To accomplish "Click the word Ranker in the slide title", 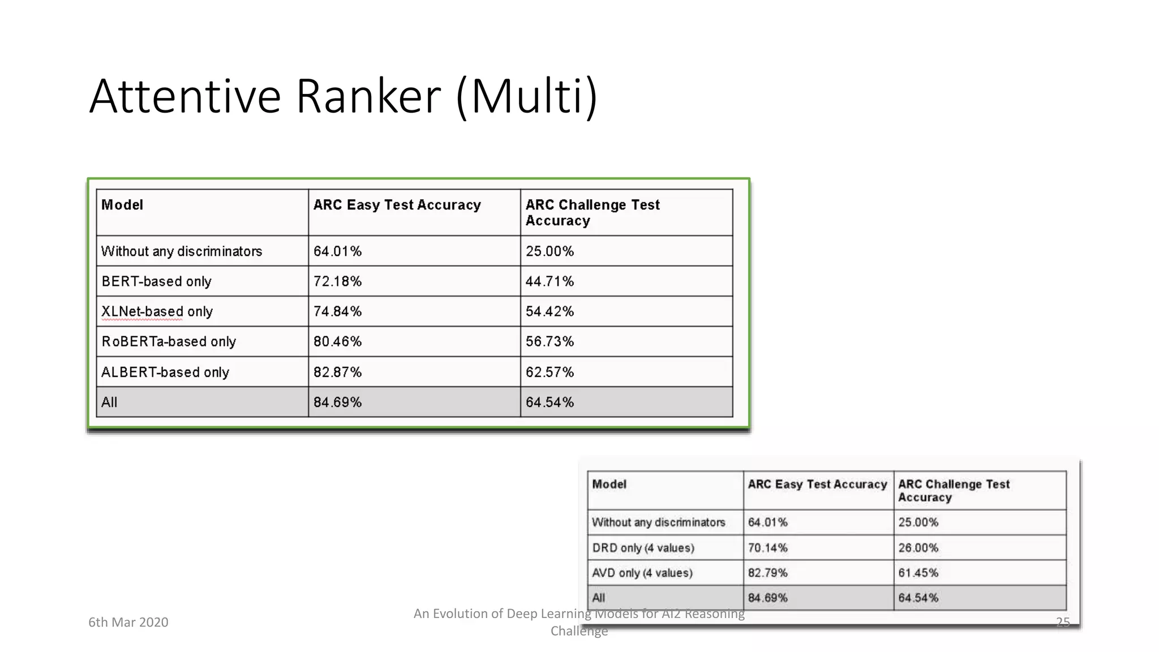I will click(x=368, y=96).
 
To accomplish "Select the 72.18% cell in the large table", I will click(x=337, y=281).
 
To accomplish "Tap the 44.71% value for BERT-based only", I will click(x=550, y=281).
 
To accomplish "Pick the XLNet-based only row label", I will click(x=157, y=311).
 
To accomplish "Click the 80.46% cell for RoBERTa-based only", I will click(x=337, y=341).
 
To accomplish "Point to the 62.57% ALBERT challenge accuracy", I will click(x=550, y=372).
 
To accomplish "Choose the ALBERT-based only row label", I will click(x=165, y=372).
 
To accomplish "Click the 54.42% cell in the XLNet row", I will click(x=550, y=311).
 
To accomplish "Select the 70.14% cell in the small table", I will click(x=767, y=548).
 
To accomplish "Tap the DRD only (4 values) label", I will click(x=643, y=548).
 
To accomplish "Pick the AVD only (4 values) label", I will click(x=642, y=573).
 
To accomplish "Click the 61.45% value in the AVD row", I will click(x=918, y=573).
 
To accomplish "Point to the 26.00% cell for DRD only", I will click(x=918, y=548).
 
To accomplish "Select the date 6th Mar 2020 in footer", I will click(x=128, y=622).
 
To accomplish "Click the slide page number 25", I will click(x=1063, y=622).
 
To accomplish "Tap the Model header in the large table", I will click(x=122, y=205).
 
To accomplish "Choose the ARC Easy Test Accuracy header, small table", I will click(x=817, y=484).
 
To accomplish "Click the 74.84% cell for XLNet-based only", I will click(x=337, y=311).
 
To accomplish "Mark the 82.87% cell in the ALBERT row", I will click(x=337, y=372).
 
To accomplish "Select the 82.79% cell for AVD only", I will click(x=767, y=573).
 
